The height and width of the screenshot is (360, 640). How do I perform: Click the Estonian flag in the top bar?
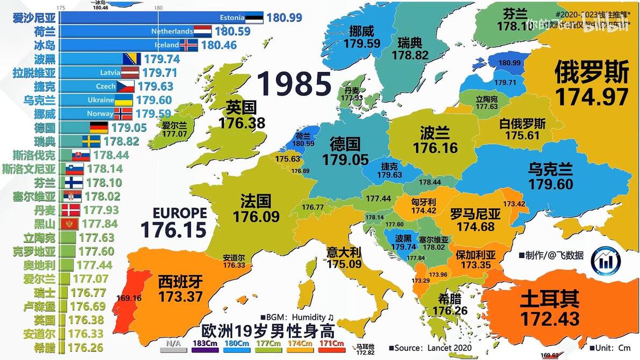click(x=254, y=18)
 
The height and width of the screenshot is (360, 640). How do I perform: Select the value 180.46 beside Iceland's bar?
click(x=219, y=45)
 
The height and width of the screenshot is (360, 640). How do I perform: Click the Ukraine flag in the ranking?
click(x=124, y=100)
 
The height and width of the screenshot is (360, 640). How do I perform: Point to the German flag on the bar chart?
click(x=99, y=128)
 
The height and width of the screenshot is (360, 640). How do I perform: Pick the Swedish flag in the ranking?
click(x=91, y=141)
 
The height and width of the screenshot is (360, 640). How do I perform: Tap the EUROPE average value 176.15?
click(x=173, y=230)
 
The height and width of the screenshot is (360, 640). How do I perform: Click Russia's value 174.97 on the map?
click(x=591, y=97)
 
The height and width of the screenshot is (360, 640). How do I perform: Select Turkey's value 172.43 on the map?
click(x=550, y=319)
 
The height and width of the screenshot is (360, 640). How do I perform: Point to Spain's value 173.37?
click(x=180, y=296)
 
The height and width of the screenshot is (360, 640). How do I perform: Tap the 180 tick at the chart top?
click(x=158, y=8)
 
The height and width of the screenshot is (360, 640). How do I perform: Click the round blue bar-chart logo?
click(x=606, y=261)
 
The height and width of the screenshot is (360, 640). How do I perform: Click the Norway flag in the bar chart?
click(x=123, y=114)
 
